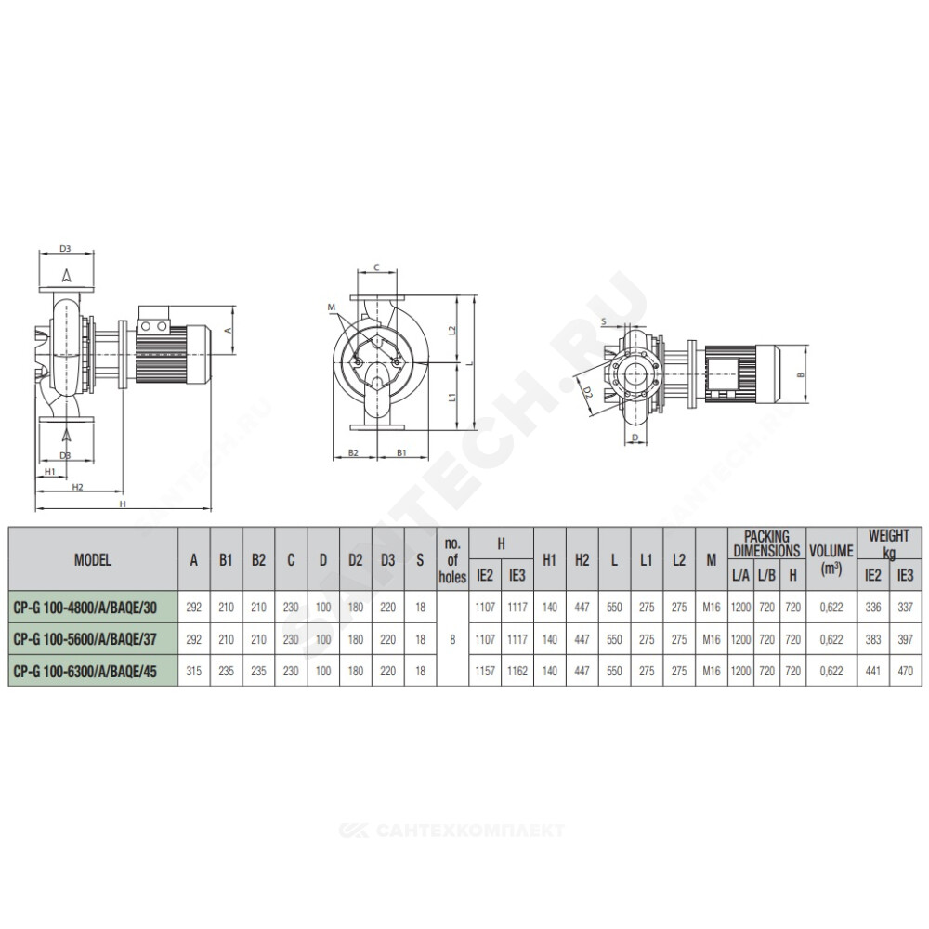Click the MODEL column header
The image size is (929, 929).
pyautogui.click(x=92, y=559)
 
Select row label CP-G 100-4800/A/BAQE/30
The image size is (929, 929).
pyautogui.click(x=85, y=607)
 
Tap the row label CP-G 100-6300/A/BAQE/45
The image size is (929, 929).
pyautogui.click(x=85, y=672)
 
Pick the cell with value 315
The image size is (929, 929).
pyautogui.click(x=194, y=672)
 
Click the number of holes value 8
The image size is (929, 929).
pyautogui.click(x=452, y=639)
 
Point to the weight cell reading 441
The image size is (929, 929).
pyautogui.click(x=873, y=672)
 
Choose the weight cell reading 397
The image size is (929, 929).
pyautogui.click(x=905, y=639)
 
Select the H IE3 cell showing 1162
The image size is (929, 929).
pyautogui.click(x=517, y=672)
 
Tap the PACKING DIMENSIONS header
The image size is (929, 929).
pyautogui.click(x=766, y=543)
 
